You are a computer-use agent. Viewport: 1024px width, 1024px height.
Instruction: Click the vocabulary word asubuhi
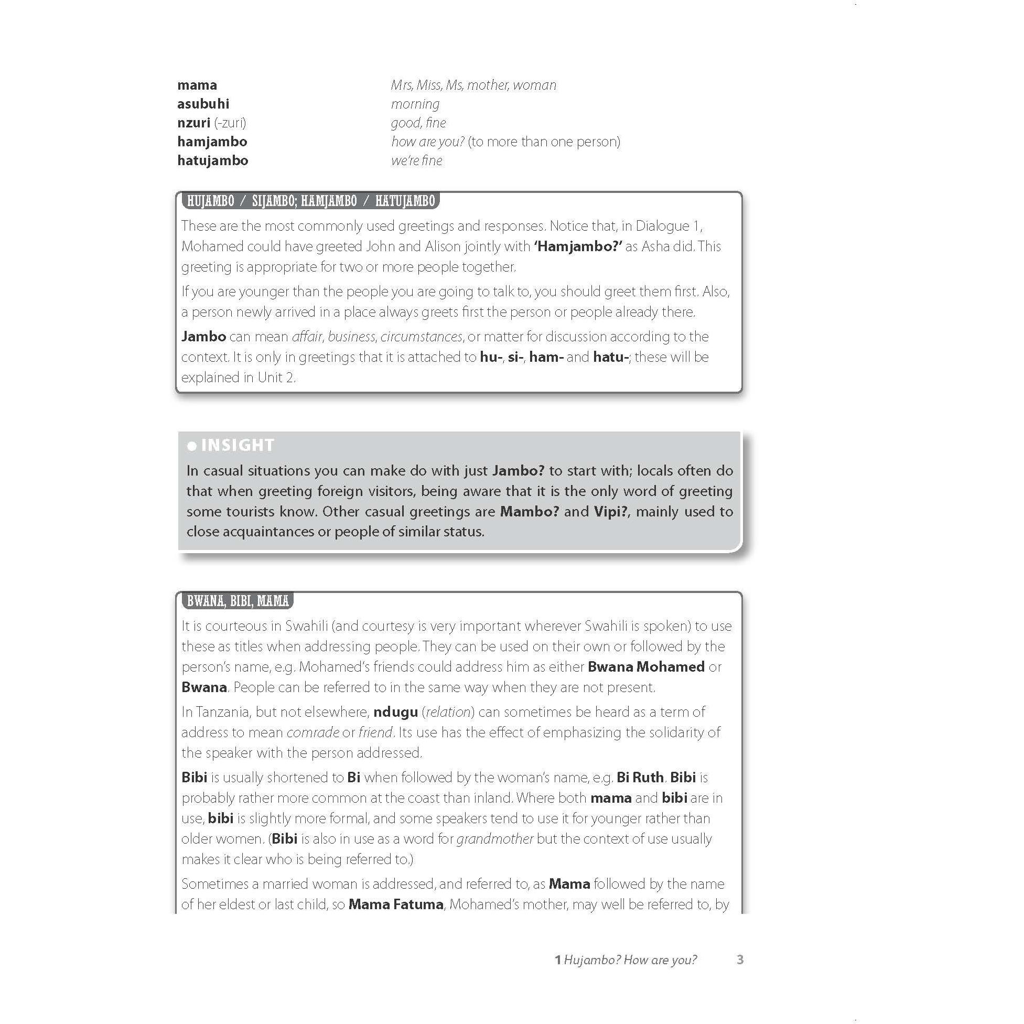pyautogui.click(x=203, y=104)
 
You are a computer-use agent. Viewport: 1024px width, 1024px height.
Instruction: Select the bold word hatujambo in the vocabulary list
pyautogui.click(x=212, y=160)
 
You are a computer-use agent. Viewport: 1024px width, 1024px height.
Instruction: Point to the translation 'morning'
pyautogui.click(x=415, y=104)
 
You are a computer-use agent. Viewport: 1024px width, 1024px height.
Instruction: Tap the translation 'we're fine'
pyautogui.click(x=417, y=160)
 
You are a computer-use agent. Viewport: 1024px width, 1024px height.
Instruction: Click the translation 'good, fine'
pyautogui.click(x=418, y=123)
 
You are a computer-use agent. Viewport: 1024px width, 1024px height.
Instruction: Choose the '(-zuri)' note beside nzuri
pyautogui.click(x=230, y=123)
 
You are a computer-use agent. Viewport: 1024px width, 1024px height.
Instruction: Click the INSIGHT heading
pyautogui.click(x=238, y=445)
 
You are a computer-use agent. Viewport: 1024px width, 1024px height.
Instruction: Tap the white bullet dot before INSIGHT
pyautogui.click(x=192, y=446)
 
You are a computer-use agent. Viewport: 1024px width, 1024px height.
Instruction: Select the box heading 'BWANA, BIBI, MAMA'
pyautogui.click(x=238, y=601)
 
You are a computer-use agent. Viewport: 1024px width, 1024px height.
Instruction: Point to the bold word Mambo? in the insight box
pyautogui.click(x=529, y=511)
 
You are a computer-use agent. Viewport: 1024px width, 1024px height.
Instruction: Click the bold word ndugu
pyautogui.click(x=395, y=712)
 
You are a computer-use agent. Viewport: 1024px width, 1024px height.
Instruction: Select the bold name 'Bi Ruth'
pyautogui.click(x=640, y=778)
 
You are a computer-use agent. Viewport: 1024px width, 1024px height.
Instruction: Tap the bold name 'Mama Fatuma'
pyautogui.click(x=395, y=904)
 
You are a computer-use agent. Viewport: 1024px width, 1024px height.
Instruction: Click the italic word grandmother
pyautogui.click(x=494, y=839)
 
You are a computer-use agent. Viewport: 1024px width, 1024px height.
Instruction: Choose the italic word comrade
pyautogui.click(x=312, y=732)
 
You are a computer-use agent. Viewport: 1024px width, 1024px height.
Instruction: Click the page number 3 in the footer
pyautogui.click(x=740, y=960)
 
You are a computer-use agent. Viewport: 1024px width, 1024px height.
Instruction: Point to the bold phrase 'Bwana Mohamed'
pyautogui.click(x=645, y=667)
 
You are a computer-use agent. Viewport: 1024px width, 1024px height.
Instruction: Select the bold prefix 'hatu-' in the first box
pyautogui.click(x=611, y=357)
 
